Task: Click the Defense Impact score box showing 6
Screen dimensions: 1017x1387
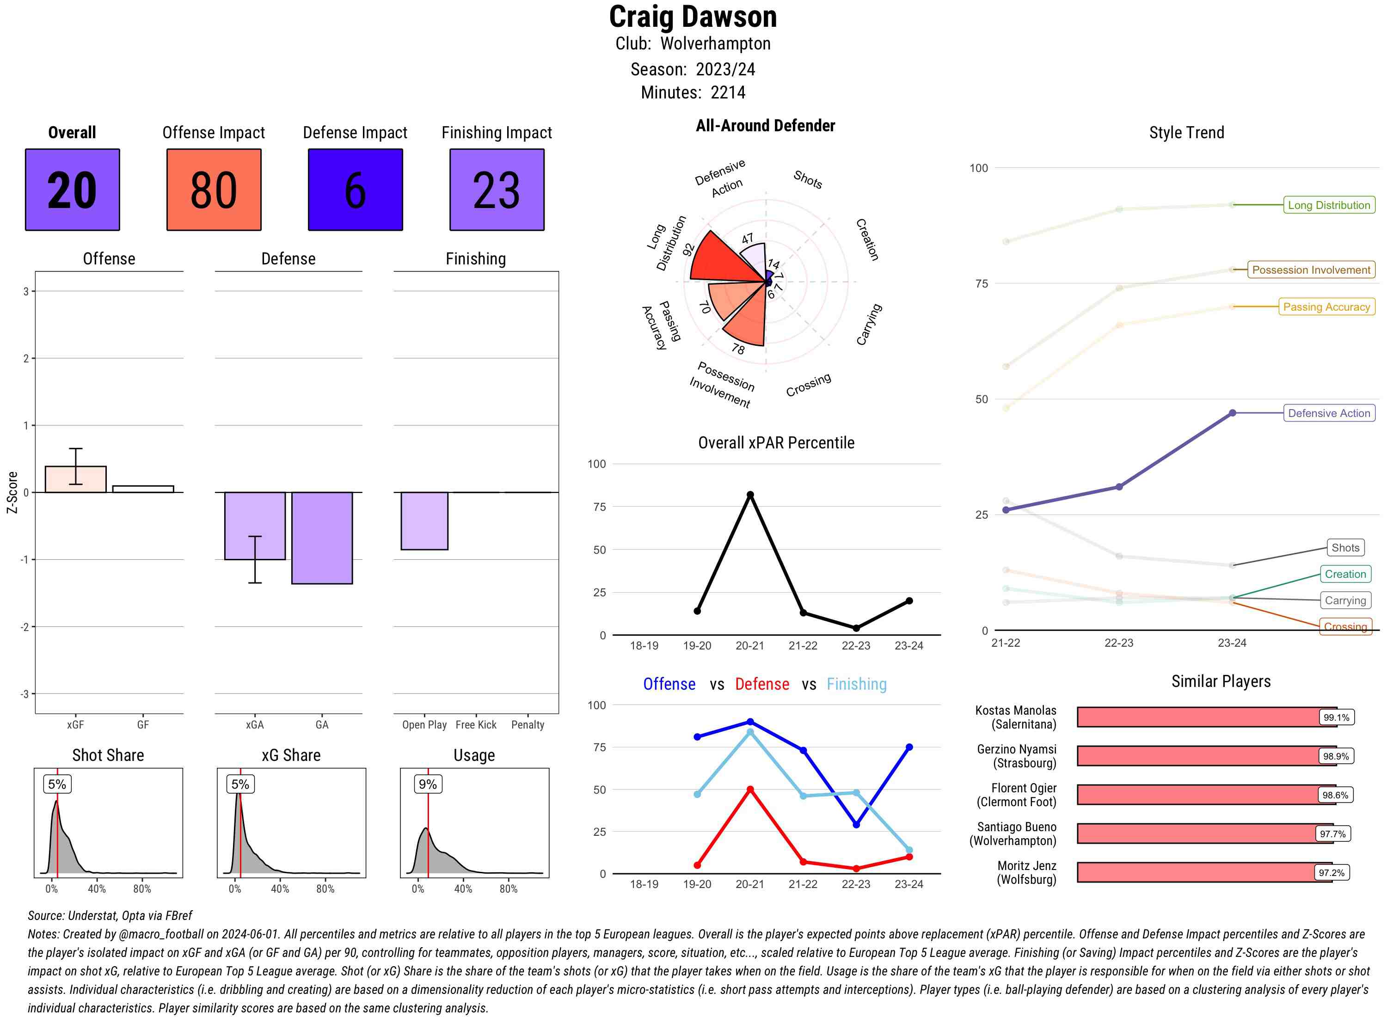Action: point(355,190)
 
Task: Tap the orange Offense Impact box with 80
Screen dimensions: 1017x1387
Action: point(214,190)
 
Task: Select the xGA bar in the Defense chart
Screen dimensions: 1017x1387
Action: point(255,526)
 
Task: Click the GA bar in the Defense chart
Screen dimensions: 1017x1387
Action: point(322,538)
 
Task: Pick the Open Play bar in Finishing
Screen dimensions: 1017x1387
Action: point(424,521)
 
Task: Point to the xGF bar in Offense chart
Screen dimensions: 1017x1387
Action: point(76,479)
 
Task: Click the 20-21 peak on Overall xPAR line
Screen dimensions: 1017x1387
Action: point(750,495)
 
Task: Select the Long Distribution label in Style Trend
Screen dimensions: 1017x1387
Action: point(1329,205)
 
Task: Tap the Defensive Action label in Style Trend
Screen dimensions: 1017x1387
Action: point(1329,413)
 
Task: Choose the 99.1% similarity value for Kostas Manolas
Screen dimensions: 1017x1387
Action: point(1336,717)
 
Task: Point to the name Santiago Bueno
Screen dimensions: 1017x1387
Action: point(1016,827)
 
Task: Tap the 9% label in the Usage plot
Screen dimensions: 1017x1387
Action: point(428,784)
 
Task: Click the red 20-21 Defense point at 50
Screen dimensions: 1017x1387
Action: point(750,789)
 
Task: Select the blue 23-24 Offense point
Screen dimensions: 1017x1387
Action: point(909,747)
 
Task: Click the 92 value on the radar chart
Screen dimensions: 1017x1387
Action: point(688,249)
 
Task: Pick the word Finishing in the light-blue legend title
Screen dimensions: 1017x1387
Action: point(856,684)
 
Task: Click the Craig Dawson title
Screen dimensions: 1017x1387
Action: point(693,17)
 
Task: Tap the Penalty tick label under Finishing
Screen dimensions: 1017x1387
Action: point(528,724)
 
